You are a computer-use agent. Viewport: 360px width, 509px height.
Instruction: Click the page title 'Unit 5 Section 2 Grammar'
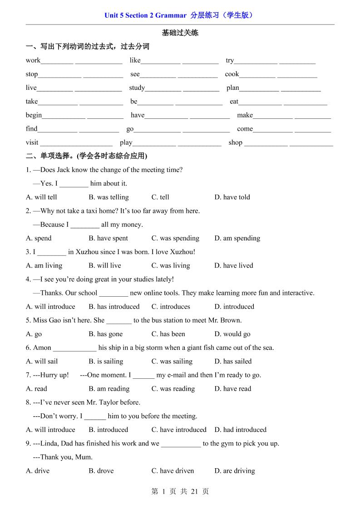145,15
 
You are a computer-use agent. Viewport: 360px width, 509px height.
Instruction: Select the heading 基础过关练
180,33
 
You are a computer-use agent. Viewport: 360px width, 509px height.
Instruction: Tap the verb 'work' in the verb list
33,60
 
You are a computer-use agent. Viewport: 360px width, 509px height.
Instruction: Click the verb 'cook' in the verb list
232,74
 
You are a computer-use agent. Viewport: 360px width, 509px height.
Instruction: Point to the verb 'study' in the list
137,88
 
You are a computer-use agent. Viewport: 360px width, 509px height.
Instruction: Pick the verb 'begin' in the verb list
34,115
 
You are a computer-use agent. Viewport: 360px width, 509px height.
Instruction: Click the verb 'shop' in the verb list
235,142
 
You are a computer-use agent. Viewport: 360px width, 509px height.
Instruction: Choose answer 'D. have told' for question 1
232,197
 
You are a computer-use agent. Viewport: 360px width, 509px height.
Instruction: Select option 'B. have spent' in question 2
108,238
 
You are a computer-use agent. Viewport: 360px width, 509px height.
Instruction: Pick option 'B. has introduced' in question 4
114,307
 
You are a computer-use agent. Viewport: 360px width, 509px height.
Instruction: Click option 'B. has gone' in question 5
105,334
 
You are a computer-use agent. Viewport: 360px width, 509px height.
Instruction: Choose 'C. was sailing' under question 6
172,362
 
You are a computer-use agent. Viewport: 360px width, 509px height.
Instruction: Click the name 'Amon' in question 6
42,347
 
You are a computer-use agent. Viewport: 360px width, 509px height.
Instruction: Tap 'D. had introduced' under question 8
240,430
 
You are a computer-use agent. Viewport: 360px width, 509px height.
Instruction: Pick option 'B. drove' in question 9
101,471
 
